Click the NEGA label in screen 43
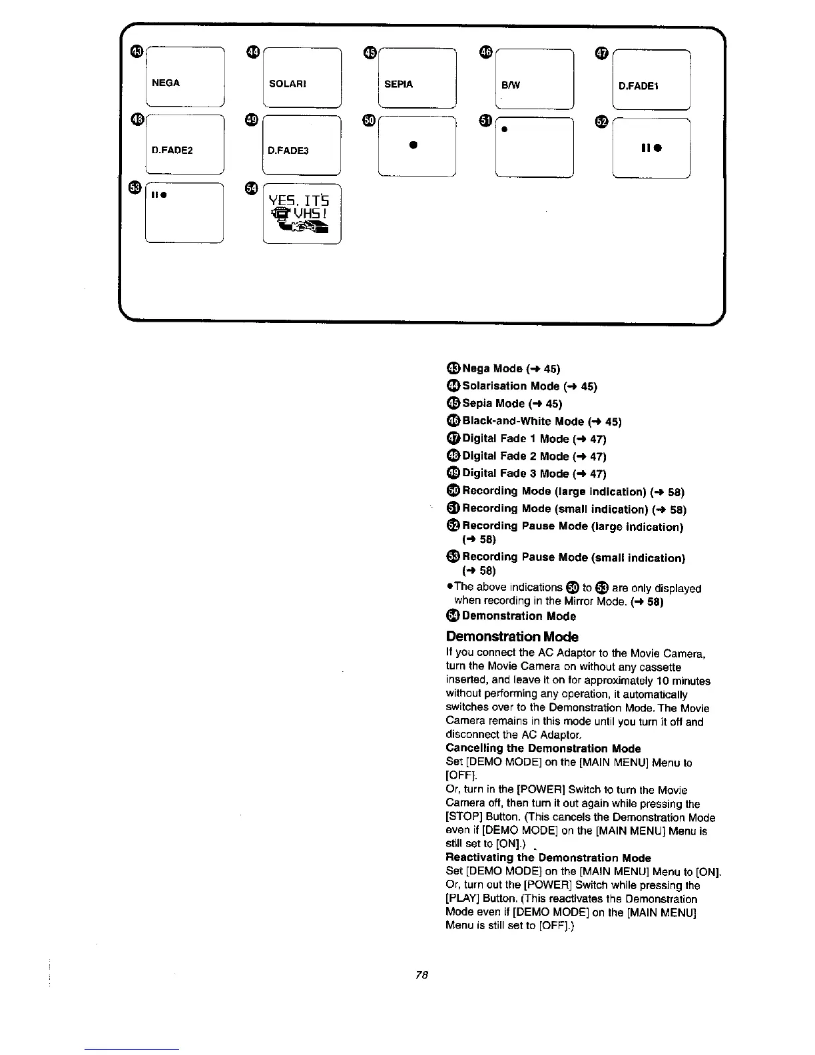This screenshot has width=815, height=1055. (166, 83)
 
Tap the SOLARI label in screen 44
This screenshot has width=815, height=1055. (287, 83)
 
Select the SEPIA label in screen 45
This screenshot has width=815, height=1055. (399, 84)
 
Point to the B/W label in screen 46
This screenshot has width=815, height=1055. (511, 85)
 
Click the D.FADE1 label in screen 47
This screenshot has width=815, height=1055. (639, 86)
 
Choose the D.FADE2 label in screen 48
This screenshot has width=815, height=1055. (172, 150)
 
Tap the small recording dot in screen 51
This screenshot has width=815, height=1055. (504, 129)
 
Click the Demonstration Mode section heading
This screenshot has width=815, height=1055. (512, 637)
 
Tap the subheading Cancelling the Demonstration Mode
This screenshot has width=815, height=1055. (543, 749)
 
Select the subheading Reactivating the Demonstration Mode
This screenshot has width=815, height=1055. (548, 858)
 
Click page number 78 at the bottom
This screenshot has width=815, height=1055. (421, 975)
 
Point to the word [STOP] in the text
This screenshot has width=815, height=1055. (463, 817)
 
